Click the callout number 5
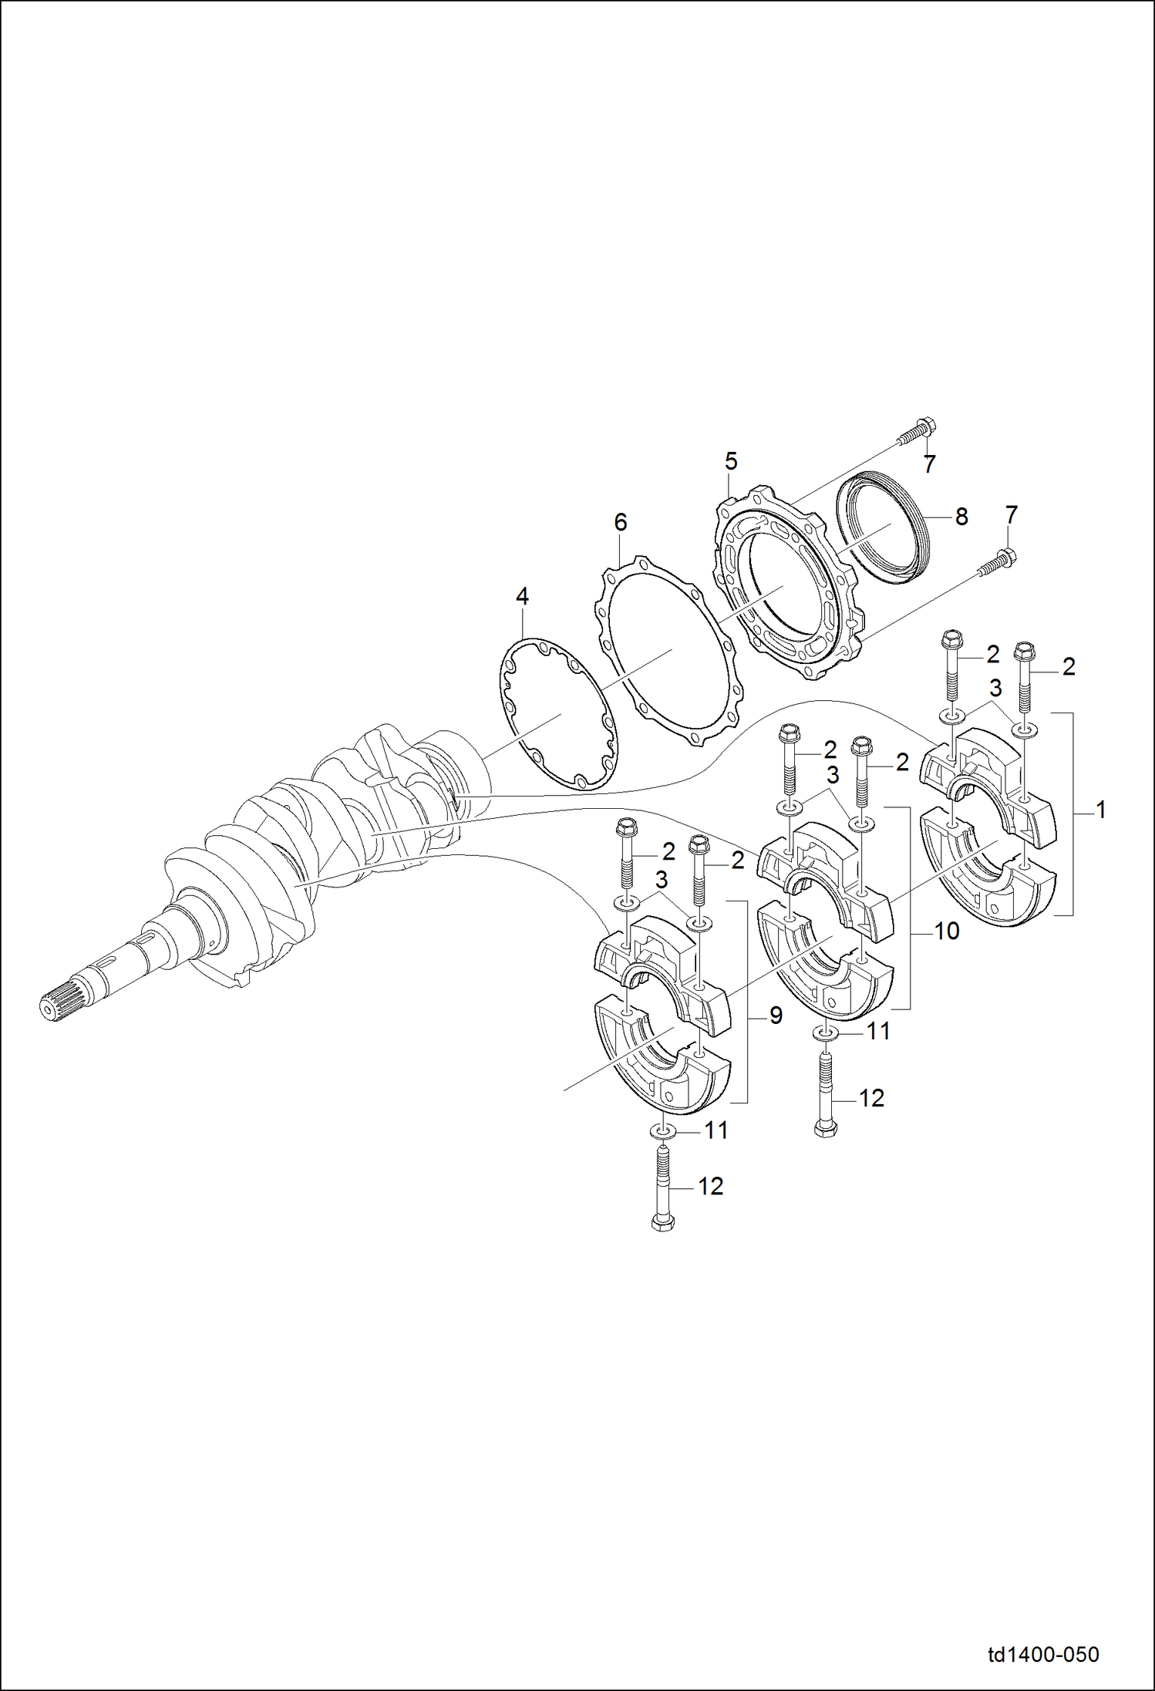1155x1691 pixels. click(x=731, y=462)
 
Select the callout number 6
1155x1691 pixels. click(x=621, y=523)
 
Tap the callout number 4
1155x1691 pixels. click(x=522, y=596)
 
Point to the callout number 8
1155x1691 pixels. click(x=961, y=517)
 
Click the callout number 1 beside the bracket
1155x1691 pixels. click(x=1101, y=810)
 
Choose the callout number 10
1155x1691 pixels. click(x=946, y=931)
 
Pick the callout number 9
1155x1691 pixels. click(x=776, y=1016)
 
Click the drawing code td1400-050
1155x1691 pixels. click(x=1043, y=1654)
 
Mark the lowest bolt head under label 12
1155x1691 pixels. click(x=662, y=1222)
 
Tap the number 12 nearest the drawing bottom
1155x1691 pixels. click(x=710, y=1187)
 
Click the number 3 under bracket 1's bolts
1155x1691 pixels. click(x=995, y=688)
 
